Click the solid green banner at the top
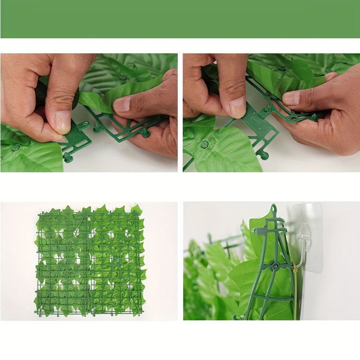tap(180, 19)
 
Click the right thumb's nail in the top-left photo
tap(122, 105)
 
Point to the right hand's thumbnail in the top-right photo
tap(291, 98)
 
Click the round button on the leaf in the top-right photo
tap(205, 144)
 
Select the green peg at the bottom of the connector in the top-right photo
tap(264, 155)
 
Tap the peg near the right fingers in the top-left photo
tap(145, 132)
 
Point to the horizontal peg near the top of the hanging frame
tap(258, 231)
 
